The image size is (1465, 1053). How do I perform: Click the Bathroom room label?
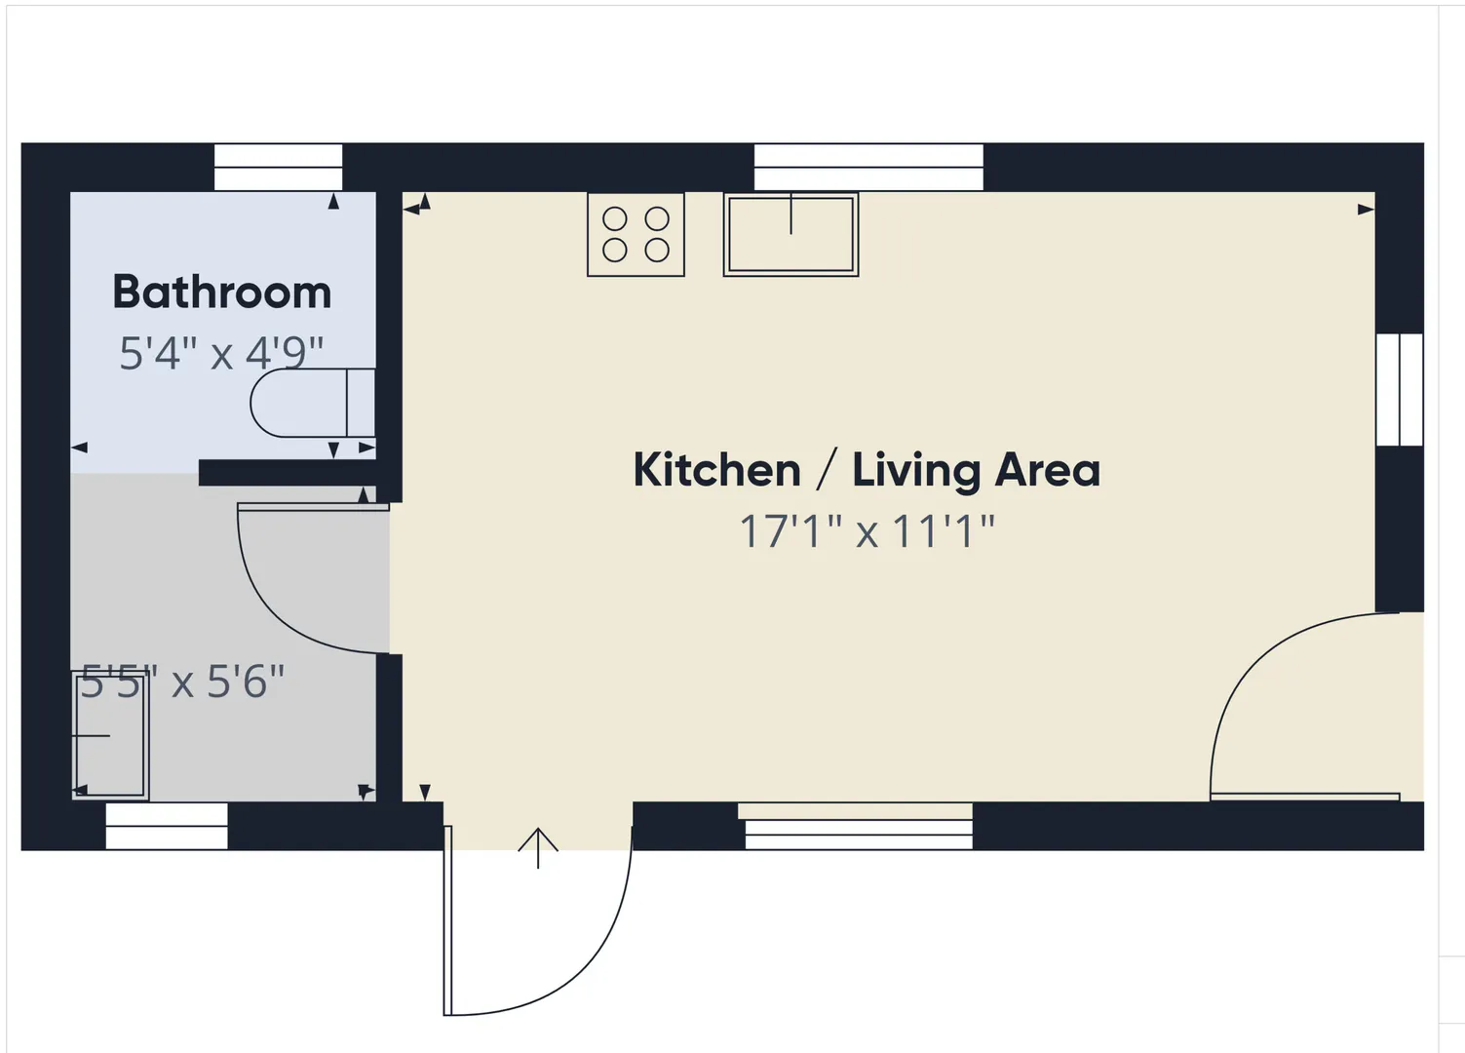click(221, 292)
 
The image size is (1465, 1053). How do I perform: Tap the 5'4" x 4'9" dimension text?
click(221, 354)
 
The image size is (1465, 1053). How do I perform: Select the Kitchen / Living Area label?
click(867, 470)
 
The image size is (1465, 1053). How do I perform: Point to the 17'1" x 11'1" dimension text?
click(867, 531)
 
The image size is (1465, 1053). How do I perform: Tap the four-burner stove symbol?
click(636, 234)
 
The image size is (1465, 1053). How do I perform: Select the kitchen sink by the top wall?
click(790, 234)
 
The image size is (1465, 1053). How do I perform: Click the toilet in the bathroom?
click(313, 403)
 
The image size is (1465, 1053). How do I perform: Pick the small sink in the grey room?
click(110, 736)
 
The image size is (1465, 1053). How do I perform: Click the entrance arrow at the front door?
click(538, 848)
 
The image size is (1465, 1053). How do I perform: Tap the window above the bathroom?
click(279, 168)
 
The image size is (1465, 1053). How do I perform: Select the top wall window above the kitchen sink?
click(868, 168)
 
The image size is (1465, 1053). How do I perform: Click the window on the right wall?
click(1400, 390)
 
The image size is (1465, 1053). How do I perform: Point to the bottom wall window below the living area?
click(859, 826)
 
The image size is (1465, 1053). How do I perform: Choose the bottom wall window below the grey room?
click(167, 826)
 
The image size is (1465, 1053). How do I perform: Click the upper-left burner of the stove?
click(615, 219)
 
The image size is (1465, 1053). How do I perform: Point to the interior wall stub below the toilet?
click(288, 472)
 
